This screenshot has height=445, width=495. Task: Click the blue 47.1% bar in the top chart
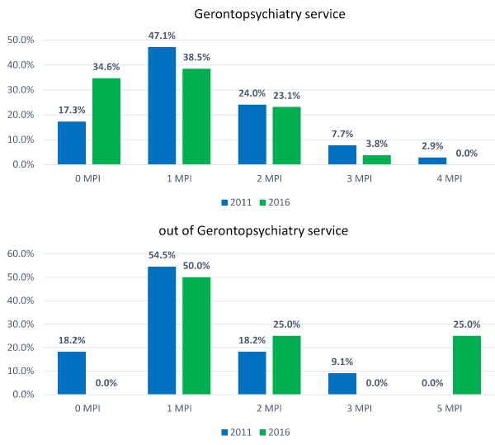click(162, 106)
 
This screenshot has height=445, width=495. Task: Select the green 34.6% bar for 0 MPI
click(106, 121)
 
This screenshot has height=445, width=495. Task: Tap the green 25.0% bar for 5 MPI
click(466, 365)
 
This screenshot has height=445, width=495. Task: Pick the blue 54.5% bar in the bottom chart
click(162, 330)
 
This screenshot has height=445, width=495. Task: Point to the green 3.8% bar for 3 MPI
click(376, 159)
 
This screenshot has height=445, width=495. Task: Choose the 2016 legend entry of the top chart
click(276, 201)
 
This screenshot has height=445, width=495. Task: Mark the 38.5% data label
click(196, 59)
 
